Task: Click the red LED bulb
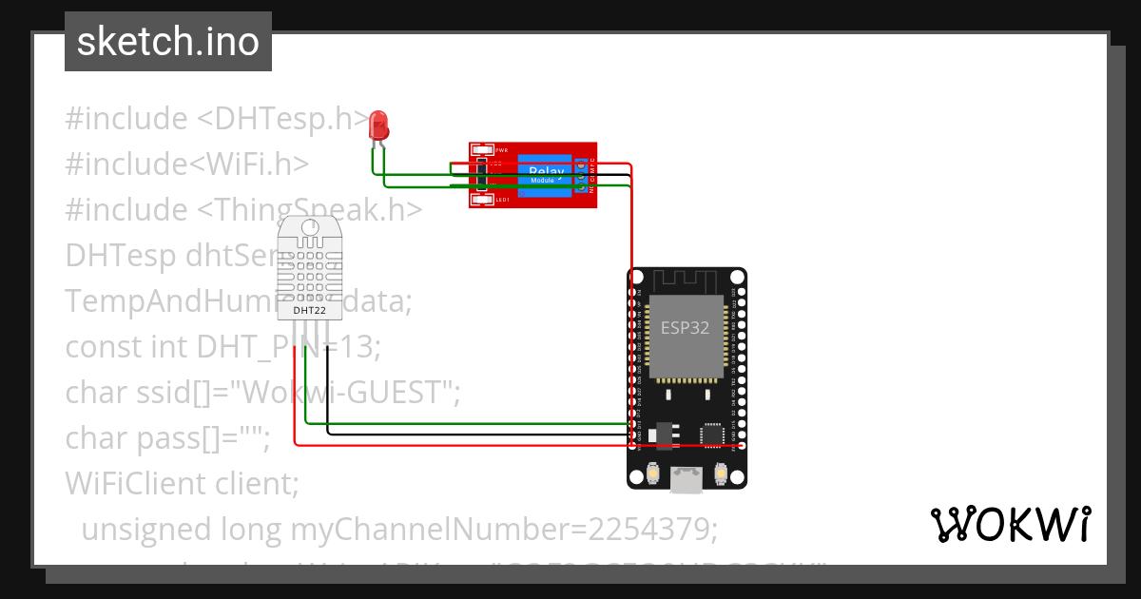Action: pos(378,125)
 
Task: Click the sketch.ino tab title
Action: pos(168,42)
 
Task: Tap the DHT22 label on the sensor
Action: pos(310,310)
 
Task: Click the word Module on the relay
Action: pos(543,180)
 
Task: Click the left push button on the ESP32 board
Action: pos(653,473)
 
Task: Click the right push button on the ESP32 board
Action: pos(720,473)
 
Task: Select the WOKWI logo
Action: pos(1010,524)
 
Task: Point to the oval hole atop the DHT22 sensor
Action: pos(310,227)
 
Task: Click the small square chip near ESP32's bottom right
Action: pos(711,434)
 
